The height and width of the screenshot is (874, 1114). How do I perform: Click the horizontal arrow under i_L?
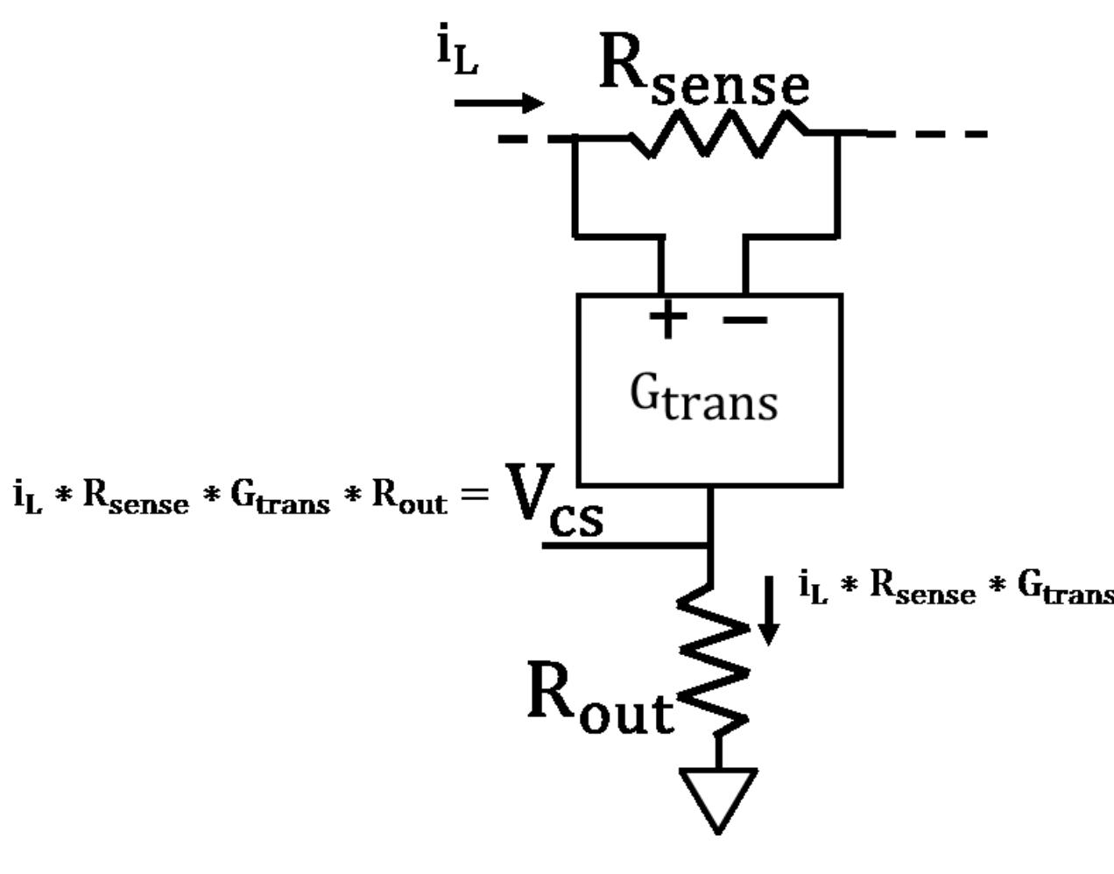(498, 103)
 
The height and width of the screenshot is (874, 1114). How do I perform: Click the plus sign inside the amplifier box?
(668, 319)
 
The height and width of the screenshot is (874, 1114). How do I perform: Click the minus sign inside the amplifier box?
(745, 321)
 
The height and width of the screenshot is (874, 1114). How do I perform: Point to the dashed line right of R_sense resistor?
(928, 135)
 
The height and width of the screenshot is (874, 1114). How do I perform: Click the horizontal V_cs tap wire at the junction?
(625, 545)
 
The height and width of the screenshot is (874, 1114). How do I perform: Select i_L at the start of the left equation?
(27, 497)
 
